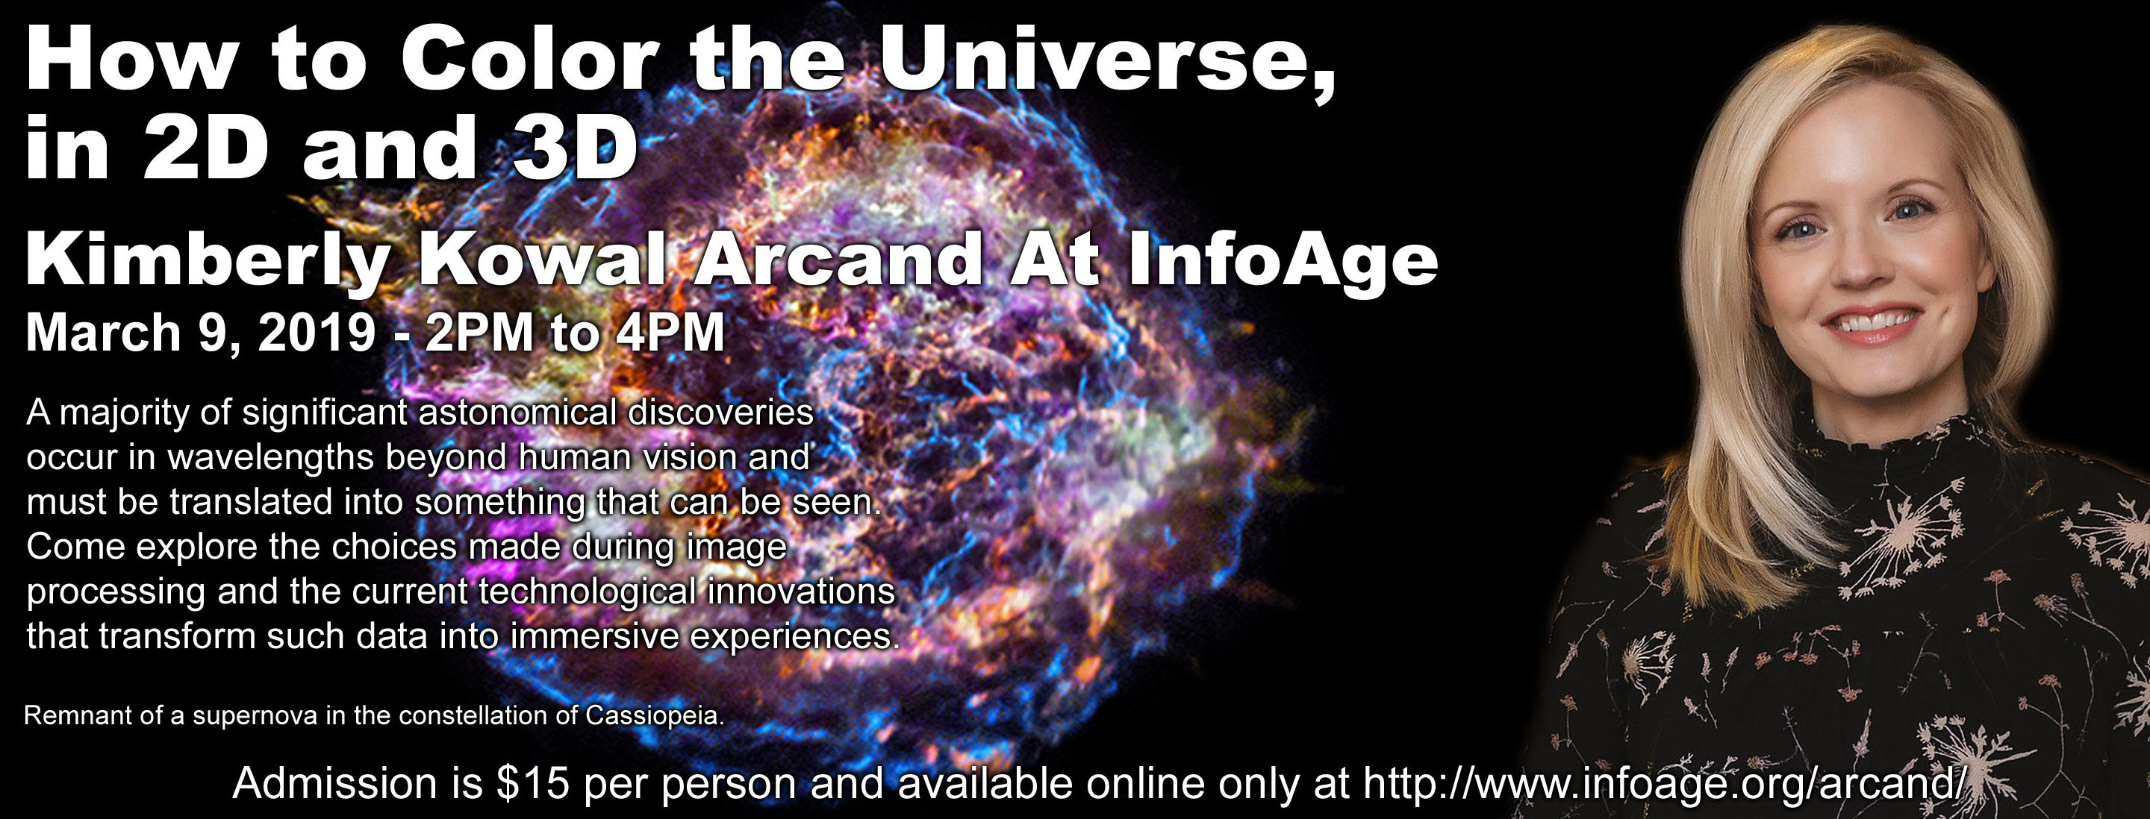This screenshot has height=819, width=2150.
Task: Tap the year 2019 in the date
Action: pyautogui.click(x=318, y=333)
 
